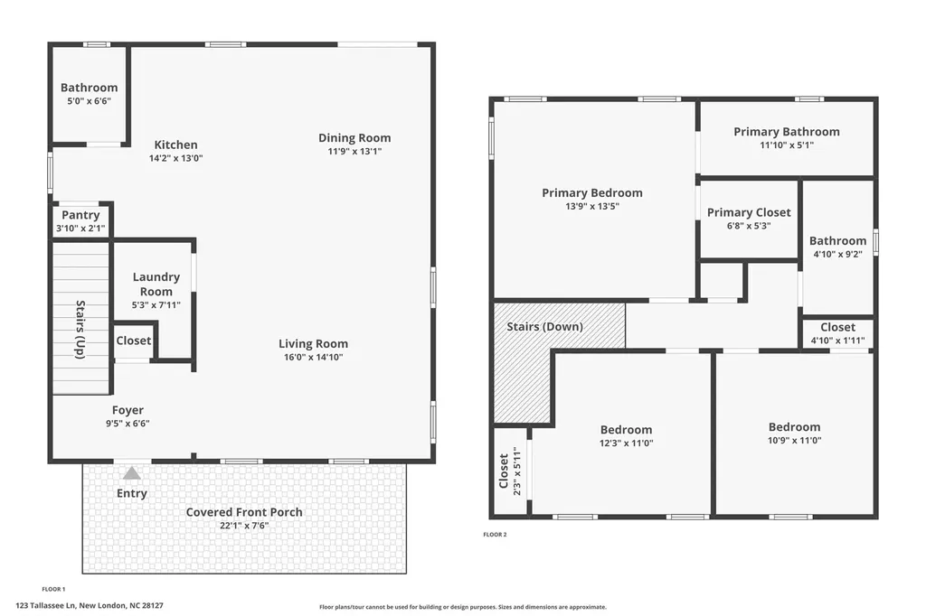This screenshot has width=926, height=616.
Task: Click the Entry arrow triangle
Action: [132, 473]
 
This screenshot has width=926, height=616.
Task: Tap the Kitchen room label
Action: [176, 145]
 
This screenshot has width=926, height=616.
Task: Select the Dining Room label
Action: [354, 138]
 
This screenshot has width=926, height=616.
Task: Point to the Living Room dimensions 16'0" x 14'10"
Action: [313, 357]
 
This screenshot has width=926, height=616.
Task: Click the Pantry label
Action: [80, 215]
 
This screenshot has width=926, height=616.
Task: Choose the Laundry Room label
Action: [156, 284]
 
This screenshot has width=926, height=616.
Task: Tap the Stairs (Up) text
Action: [80, 330]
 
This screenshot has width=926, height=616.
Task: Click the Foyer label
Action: [128, 410]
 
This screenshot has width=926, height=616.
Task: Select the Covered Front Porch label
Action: [244, 512]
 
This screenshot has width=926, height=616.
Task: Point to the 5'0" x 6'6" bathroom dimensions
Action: [90, 101]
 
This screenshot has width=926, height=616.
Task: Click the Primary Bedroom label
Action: [592, 193]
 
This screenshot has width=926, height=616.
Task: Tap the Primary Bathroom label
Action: [787, 132]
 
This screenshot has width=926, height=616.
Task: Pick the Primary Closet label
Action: [749, 212]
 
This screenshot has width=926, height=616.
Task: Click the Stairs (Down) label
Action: [544, 326]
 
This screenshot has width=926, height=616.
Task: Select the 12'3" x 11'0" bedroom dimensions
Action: [626, 443]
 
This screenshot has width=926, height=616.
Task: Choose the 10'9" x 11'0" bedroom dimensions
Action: [794, 440]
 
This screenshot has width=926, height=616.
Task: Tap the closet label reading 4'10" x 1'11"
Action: [837, 341]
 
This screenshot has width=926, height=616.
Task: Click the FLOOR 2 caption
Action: [495, 535]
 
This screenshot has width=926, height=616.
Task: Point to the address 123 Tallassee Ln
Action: [46, 605]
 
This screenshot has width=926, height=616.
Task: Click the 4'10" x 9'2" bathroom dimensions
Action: [837, 255]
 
